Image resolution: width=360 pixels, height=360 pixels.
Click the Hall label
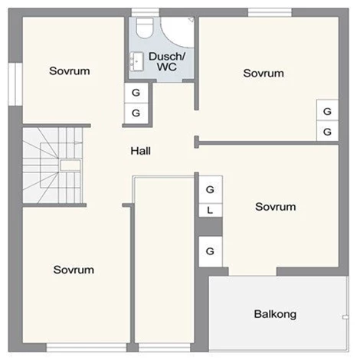tap(140, 151)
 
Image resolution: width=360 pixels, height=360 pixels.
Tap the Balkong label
tap(275, 314)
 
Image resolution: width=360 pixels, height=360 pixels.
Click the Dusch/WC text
tap(167, 61)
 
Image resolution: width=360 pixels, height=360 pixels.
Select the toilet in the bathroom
tap(145, 28)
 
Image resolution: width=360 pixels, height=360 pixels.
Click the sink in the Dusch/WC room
tap(136, 61)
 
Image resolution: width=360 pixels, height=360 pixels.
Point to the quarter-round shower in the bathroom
tap(178, 32)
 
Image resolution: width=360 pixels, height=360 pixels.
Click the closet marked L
tap(211, 210)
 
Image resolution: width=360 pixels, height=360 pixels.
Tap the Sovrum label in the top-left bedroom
tap(70, 71)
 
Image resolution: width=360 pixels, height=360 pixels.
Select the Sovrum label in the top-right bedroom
tap(263, 74)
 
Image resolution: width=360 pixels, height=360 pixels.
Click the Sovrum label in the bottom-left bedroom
tap(74, 270)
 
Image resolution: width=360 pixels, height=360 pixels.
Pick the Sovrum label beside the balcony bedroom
tap(276, 207)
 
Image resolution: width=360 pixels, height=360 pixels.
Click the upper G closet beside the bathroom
tap(136, 93)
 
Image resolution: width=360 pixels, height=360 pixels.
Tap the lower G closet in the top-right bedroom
tap(327, 131)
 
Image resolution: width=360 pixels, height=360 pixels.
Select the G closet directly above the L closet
tap(211, 189)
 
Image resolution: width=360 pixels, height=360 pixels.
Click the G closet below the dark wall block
tap(211, 251)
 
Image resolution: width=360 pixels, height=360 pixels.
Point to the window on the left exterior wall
tap(15, 84)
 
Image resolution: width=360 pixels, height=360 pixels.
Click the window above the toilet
tap(146, 12)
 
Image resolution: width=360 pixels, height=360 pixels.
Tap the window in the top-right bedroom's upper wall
tap(270, 12)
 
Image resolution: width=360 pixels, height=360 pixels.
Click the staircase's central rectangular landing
tap(70, 165)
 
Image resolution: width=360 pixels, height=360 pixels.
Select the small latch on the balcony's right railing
tap(345, 317)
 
